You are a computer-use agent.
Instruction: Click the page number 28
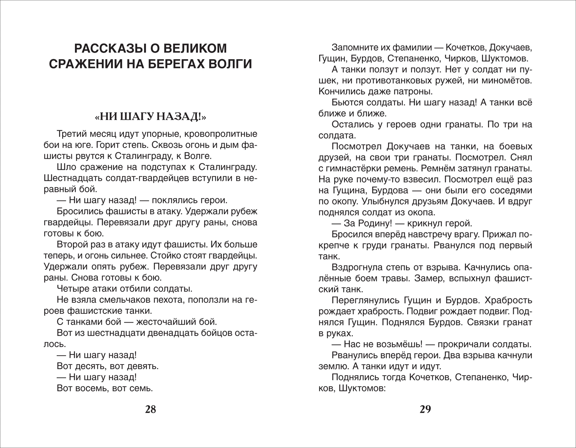coord(151,409)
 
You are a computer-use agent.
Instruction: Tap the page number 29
coord(425,409)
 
